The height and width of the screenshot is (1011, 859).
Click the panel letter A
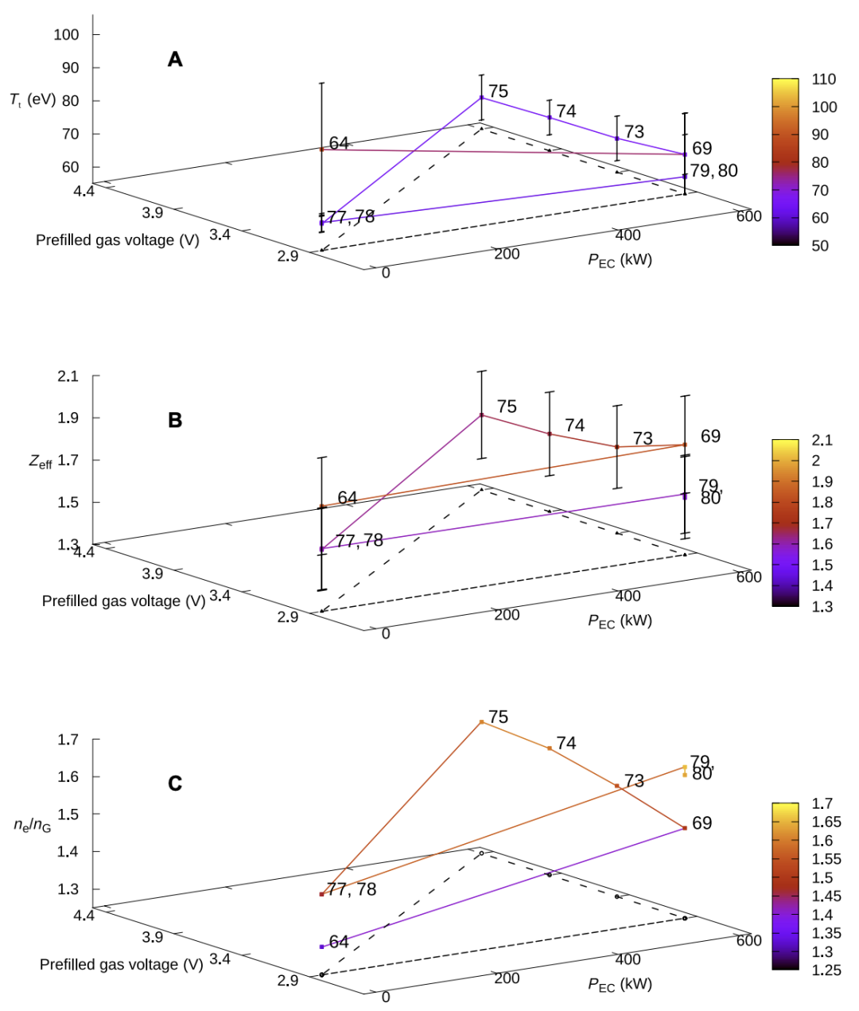click(x=175, y=59)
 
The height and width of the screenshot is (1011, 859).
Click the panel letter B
click(x=175, y=420)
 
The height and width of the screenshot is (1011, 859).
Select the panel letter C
click(x=175, y=784)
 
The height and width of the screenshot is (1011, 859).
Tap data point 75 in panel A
click(x=481, y=97)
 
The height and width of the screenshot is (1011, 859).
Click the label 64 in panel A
click(x=339, y=142)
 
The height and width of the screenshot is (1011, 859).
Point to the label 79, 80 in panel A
click(x=713, y=170)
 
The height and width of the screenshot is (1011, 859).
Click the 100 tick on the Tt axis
click(x=67, y=34)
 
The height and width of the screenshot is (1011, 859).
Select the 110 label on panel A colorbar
click(x=824, y=79)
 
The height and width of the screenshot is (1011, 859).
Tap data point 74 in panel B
click(x=549, y=434)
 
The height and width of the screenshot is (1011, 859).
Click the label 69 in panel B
click(x=710, y=436)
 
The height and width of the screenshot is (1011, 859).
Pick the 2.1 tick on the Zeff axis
click(x=68, y=375)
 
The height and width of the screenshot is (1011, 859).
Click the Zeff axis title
click(x=41, y=461)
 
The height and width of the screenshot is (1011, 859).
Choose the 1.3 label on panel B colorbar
click(x=822, y=606)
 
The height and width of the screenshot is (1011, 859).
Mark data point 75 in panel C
click(x=481, y=721)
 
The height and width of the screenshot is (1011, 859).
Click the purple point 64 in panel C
click(x=321, y=947)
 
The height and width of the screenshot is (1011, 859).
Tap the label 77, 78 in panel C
click(x=352, y=889)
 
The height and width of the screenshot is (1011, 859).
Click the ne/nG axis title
click(x=33, y=825)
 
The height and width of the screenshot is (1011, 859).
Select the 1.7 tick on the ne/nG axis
click(x=68, y=739)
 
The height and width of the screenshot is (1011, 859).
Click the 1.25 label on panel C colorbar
click(x=826, y=970)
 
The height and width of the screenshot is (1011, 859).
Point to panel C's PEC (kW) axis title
click(x=620, y=985)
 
